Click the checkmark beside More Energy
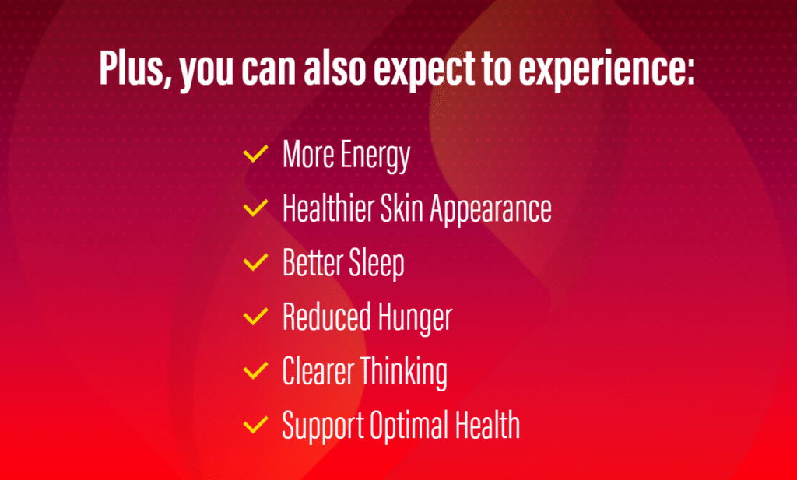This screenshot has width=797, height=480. pos(255,153)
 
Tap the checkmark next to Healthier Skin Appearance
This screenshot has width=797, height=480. pos(255,208)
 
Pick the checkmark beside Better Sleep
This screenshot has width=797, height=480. pos(255,262)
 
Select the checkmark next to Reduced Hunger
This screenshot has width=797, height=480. pos(255,316)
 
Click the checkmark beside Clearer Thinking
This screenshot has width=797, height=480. pos(255,370)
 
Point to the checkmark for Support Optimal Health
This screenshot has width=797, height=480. pos(255,425)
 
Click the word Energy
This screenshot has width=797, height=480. pos(375,156)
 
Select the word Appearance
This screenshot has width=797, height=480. pos(490,211)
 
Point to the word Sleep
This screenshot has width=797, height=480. pos(376,265)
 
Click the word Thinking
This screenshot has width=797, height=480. pos(404,373)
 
